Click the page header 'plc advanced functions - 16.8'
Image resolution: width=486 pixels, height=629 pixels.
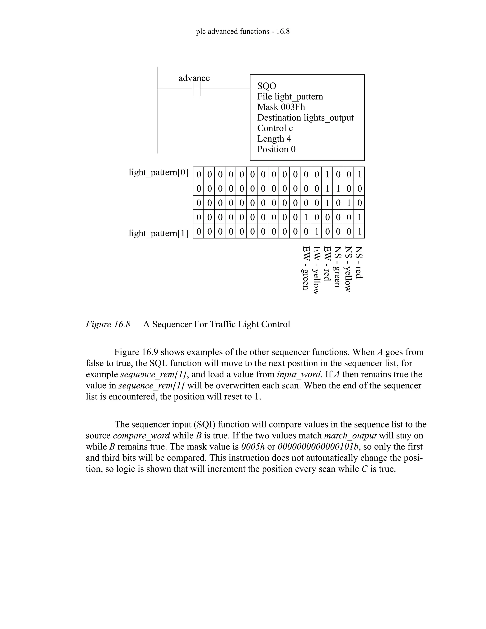pyautogui.click(x=243, y=31)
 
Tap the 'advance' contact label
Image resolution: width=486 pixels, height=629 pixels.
pyautogui.click(x=194, y=78)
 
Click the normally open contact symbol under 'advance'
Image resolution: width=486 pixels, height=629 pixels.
pyautogui.click(x=196, y=89)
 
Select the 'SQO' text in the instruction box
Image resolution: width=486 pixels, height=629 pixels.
pyautogui.click(x=266, y=86)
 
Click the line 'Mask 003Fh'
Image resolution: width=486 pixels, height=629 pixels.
pyautogui.click(x=281, y=107)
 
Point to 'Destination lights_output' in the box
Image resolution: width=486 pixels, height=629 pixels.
pyautogui.click(x=305, y=117)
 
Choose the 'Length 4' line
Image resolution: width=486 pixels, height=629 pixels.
pyautogui.click(x=274, y=139)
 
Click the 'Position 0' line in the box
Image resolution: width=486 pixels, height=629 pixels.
pyautogui.click(x=276, y=149)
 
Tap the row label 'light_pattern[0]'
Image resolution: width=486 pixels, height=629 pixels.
pyautogui.click(x=158, y=173)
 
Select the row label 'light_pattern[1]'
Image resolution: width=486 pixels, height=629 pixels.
pyautogui.click(x=158, y=233)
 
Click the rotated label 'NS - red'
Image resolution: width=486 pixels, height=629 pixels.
pyautogui.click(x=359, y=262)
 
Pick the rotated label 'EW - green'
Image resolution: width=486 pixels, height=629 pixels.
pyautogui.click(x=306, y=268)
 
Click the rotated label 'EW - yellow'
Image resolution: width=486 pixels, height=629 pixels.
pyautogui.click(x=316, y=270)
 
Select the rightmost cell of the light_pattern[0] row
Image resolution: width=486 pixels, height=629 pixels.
pyautogui.click(x=359, y=174)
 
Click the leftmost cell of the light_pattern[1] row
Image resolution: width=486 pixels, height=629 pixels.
pyautogui.click(x=198, y=231)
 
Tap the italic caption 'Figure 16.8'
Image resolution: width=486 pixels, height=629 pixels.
pyautogui.click(x=108, y=324)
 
